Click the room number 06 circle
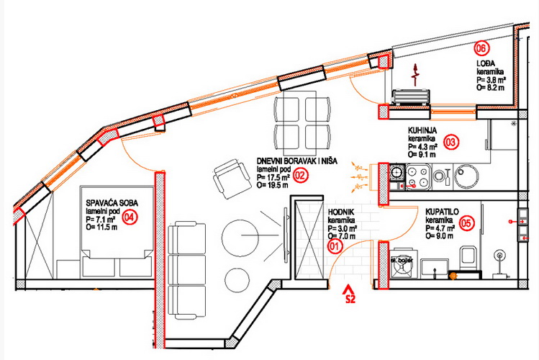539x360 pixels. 482,49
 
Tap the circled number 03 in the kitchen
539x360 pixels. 451,141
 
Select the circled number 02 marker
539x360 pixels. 301,174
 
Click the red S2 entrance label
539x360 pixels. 350,297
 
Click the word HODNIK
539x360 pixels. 340,212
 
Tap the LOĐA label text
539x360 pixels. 484,63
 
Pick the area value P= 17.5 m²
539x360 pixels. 273,176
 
